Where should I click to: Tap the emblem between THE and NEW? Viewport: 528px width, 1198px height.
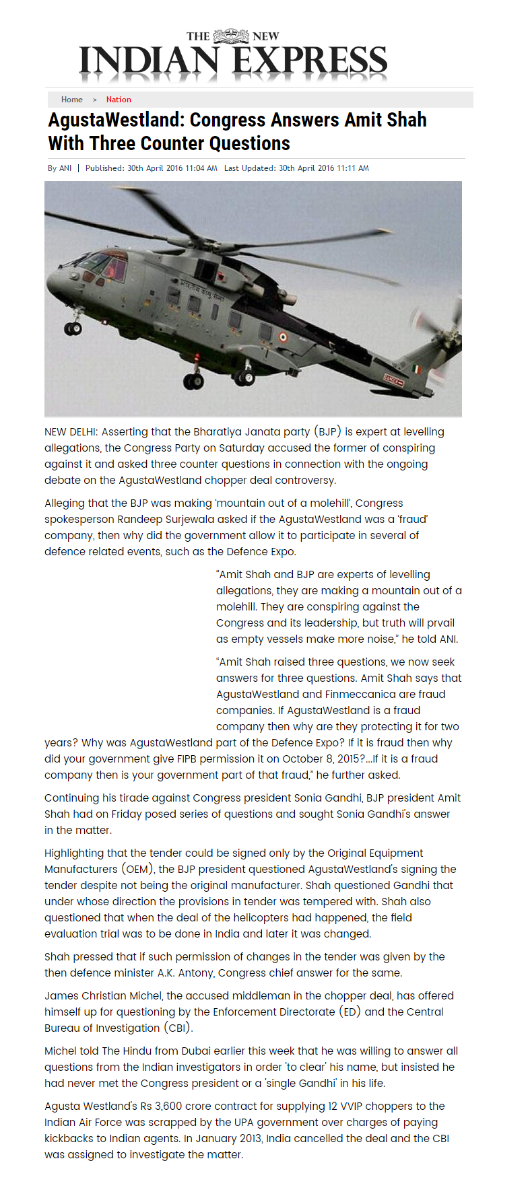[231, 36]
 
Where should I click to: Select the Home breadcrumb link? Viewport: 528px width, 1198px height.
[72, 100]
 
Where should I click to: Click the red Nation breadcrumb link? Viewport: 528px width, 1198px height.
[119, 100]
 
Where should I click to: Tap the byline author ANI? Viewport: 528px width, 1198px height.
[65, 168]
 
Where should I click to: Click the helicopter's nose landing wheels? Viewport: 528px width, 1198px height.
[72, 328]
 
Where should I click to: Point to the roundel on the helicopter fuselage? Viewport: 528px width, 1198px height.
[283, 337]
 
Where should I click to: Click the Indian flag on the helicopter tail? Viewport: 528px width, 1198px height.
[418, 369]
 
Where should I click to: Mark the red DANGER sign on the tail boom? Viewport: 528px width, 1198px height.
[393, 380]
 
